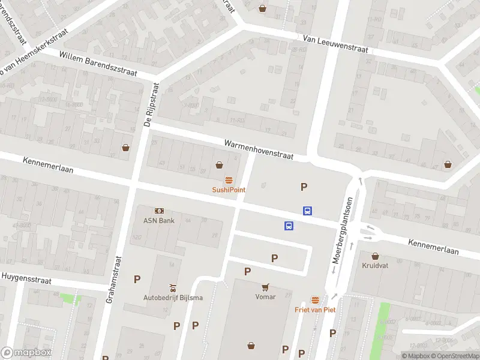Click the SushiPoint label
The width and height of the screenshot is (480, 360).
click(x=229, y=190)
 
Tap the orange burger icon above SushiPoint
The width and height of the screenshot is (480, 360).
click(x=229, y=180)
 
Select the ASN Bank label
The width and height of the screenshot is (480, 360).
click(x=159, y=220)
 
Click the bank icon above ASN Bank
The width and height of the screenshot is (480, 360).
click(x=159, y=211)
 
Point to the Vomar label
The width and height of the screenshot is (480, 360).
click(x=265, y=297)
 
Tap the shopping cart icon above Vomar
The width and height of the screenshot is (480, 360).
click(x=265, y=287)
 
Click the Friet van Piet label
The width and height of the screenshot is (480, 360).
click(x=315, y=310)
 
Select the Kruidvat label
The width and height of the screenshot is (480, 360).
click(x=375, y=265)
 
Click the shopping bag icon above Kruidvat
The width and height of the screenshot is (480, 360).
click(x=375, y=256)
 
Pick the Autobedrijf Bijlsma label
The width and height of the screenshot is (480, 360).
click(x=172, y=298)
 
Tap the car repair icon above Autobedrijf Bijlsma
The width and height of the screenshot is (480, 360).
click(x=172, y=288)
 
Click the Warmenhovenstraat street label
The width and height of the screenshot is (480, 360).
click(x=259, y=150)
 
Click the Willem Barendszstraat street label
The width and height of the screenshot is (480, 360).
click(x=98, y=64)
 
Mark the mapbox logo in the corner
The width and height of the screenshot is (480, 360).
click(x=26, y=353)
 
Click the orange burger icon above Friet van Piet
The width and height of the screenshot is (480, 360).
click(x=315, y=300)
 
